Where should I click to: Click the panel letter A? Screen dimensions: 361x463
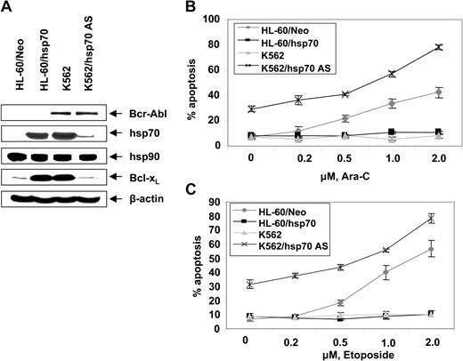(9, 8)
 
